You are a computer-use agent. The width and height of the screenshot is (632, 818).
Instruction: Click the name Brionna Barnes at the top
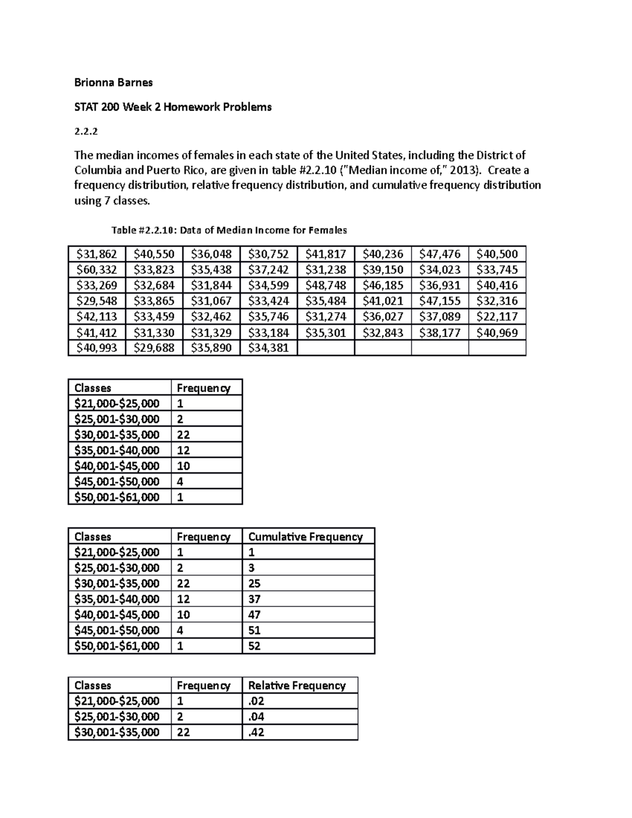coord(113,82)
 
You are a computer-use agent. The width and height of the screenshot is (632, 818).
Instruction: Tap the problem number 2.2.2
coord(86,132)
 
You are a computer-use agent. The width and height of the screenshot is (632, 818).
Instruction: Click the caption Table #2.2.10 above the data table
coord(229,230)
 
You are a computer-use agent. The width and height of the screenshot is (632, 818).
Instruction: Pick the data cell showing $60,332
coord(96,270)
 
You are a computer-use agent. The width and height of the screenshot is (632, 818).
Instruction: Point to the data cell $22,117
coord(497,317)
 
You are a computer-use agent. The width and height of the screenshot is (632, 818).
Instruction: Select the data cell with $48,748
coord(325,285)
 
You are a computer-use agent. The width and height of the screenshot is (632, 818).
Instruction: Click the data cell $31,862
coord(96,254)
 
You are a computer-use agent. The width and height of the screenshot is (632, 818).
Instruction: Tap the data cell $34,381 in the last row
coord(268,348)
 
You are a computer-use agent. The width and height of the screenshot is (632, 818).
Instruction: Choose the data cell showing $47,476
coord(440,254)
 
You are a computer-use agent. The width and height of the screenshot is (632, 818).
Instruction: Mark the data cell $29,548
coord(96,301)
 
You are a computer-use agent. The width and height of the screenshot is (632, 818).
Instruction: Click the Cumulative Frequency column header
coord(305,537)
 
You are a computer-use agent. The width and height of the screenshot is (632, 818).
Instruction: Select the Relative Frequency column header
coord(297,685)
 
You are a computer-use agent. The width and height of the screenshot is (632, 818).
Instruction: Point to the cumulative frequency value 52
coord(254,646)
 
